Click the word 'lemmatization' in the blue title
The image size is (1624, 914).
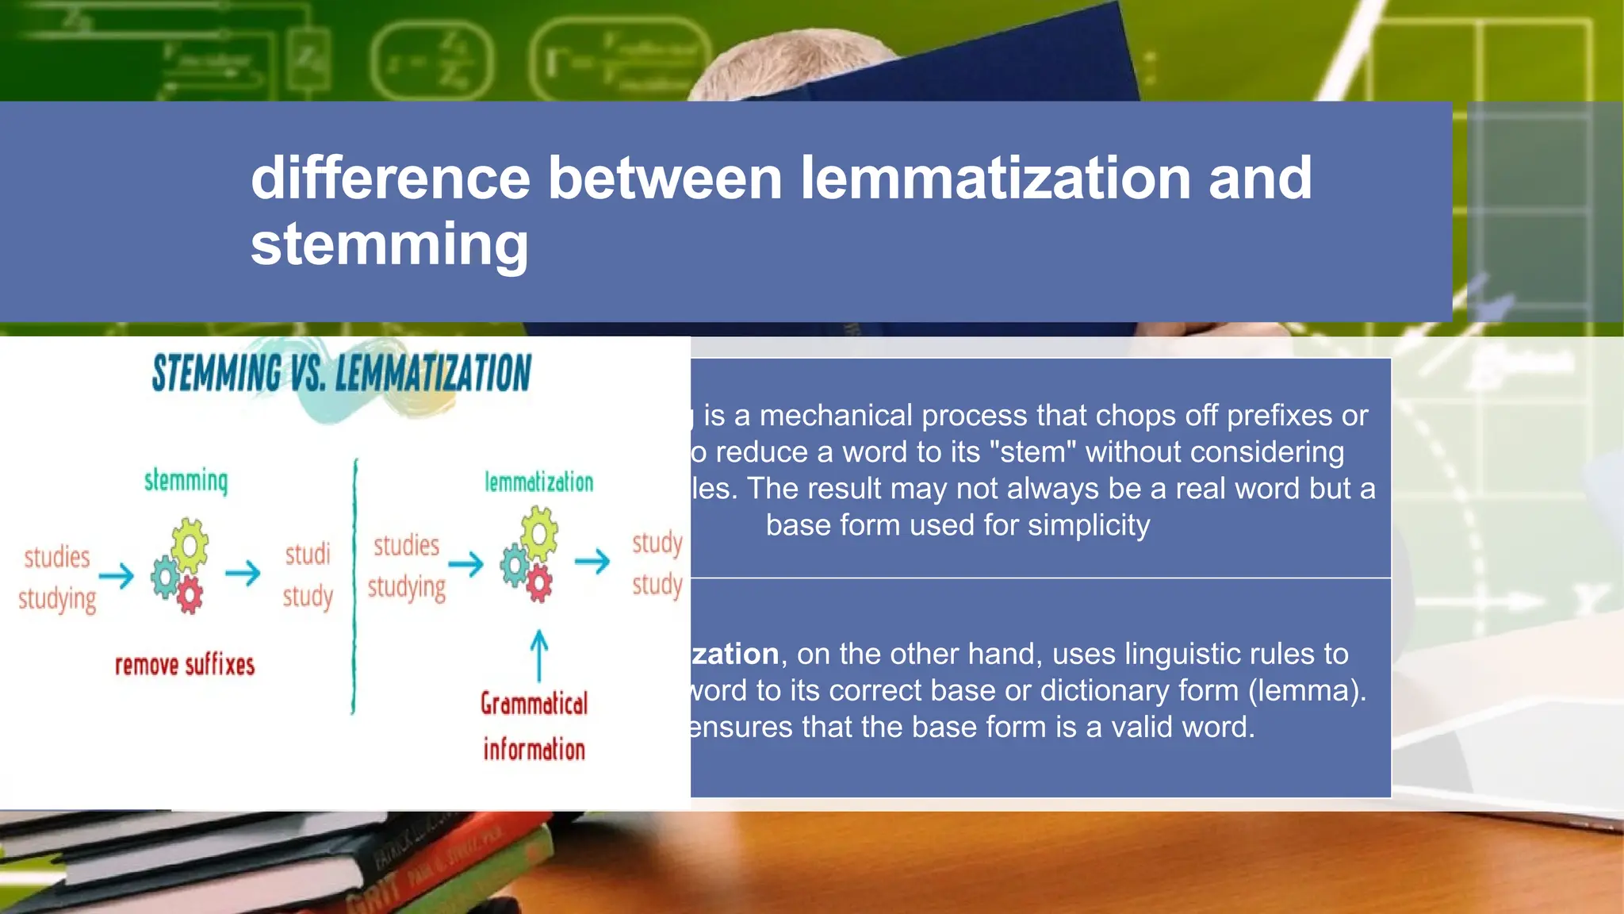point(995,178)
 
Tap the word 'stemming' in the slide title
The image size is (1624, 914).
point(389,244)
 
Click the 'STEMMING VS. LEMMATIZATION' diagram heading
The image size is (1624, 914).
point(342,373)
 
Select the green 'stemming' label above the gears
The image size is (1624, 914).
point(186,481)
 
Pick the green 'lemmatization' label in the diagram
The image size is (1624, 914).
point(538,482)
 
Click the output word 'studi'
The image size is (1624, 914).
point(308,554)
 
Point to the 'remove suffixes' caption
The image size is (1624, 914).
point(185,665)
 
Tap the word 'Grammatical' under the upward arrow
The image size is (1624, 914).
point(534,704)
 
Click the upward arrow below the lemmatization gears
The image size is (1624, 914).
point(538,655)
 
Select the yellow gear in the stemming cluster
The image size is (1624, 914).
point(190,544)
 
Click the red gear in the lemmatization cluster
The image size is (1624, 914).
point(539,585)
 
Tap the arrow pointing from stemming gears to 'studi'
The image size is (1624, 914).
point(243,573)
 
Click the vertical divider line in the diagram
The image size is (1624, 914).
point(354,587)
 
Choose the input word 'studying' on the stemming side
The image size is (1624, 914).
point(57,599)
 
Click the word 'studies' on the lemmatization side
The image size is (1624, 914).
point(406,546)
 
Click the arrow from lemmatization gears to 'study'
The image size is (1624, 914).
point(592,562)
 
